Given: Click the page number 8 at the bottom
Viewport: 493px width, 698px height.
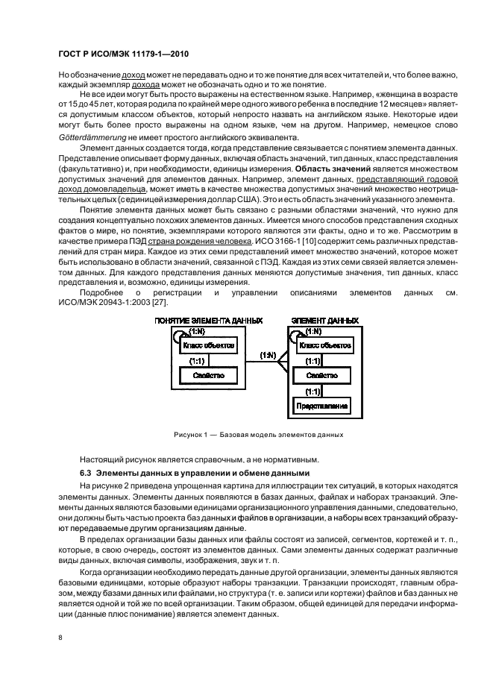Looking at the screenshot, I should point(60,638).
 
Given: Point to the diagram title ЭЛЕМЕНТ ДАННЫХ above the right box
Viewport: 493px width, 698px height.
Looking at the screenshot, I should point(324,321).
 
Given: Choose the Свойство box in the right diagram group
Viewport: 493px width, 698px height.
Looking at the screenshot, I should point(322,376).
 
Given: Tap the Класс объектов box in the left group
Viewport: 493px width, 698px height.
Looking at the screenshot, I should point(207,346).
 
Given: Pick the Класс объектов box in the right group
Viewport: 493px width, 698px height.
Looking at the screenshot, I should point(323,346).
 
